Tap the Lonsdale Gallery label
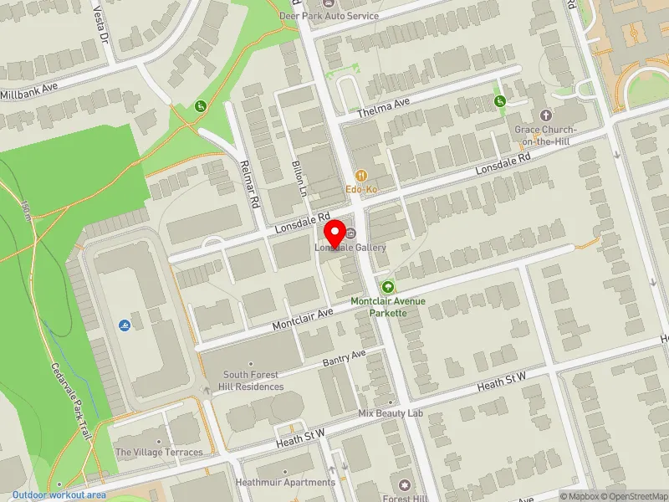pyautogui.click(x=350, y=248)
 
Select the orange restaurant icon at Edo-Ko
pyautogui.click(x=361, y=176)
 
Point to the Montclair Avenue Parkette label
pyautogui.click(x=388, y=306)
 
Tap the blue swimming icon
pyautogui.click(x=125, y=325)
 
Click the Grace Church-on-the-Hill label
pyautogui.click(x=545, y=136)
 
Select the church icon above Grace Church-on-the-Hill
pyautogui.click(x=545, y=115)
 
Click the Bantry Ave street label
pyautogui.click(x=345, y=357)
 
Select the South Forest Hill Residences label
pyautogui.click(x=253, y=381)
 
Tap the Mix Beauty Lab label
pyautogui.click(x=391, y=413)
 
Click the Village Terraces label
pyautogui.click(x=159, y=452)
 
